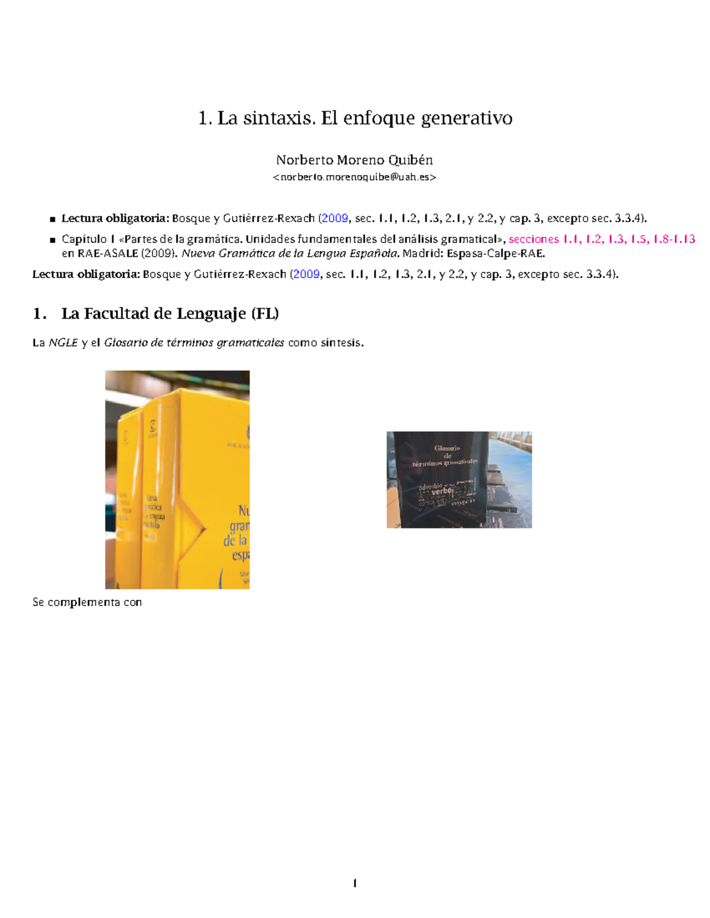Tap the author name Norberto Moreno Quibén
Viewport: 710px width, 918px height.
(354, 160)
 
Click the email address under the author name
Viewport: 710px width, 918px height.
(354, 177)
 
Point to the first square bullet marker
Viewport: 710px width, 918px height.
(53, 219)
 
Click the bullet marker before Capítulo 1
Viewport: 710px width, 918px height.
(53, 240)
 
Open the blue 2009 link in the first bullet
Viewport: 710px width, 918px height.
(334, 218)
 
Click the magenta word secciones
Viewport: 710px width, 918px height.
(533, 239)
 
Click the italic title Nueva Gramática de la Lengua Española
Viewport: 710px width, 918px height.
(290, 254)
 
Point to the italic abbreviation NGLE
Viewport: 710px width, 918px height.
(63, 343)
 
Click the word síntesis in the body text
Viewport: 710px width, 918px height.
(342, 343)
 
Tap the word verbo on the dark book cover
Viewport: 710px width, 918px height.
(441, 491)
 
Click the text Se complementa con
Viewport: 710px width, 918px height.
(87, 602)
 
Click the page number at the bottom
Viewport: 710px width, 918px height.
(354, 883)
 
